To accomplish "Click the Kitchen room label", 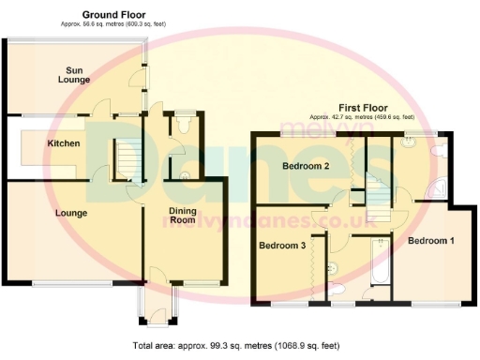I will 64,143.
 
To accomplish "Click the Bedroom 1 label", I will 431,241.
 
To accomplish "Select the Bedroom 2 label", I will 306,167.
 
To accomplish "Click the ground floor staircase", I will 129,160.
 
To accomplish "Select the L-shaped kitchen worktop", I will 37,159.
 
